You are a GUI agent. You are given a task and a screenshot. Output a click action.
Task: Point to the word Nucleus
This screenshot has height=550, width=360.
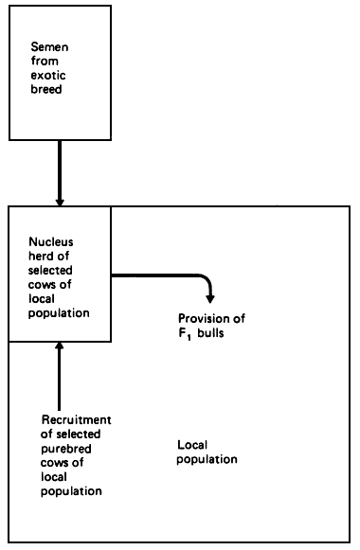point(47,241)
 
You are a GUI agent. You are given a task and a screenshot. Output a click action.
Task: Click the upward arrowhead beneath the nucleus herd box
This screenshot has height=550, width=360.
point(60,349)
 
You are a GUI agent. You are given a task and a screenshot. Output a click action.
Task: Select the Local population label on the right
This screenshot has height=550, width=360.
point(207,452)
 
